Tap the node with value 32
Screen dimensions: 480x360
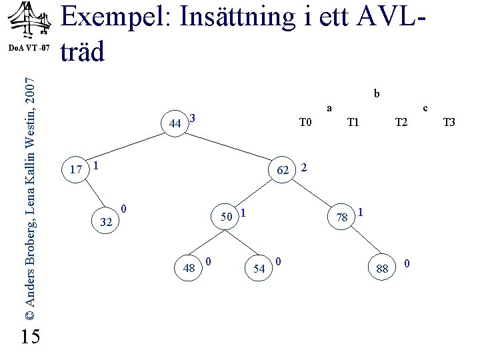[x=105, y=222]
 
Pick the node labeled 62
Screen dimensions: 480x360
[x=283, y=170]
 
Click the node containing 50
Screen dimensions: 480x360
[x=226, y=217]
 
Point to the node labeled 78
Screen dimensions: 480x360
[x=343, y=217]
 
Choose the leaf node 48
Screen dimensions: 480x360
[x=189, y=268]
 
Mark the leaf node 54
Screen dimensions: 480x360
[x=259, y=268]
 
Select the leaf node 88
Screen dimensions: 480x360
[x=382, y=268]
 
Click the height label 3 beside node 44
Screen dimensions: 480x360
[x=192, y=119]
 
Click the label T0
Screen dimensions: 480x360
[x=306, y=122]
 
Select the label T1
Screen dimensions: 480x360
[x=353, y=122]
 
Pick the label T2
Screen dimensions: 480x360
[x=401, y=122]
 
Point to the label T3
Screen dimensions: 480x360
[x=449, y=122]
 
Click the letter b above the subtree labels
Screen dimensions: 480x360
[x=377, y=94]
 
